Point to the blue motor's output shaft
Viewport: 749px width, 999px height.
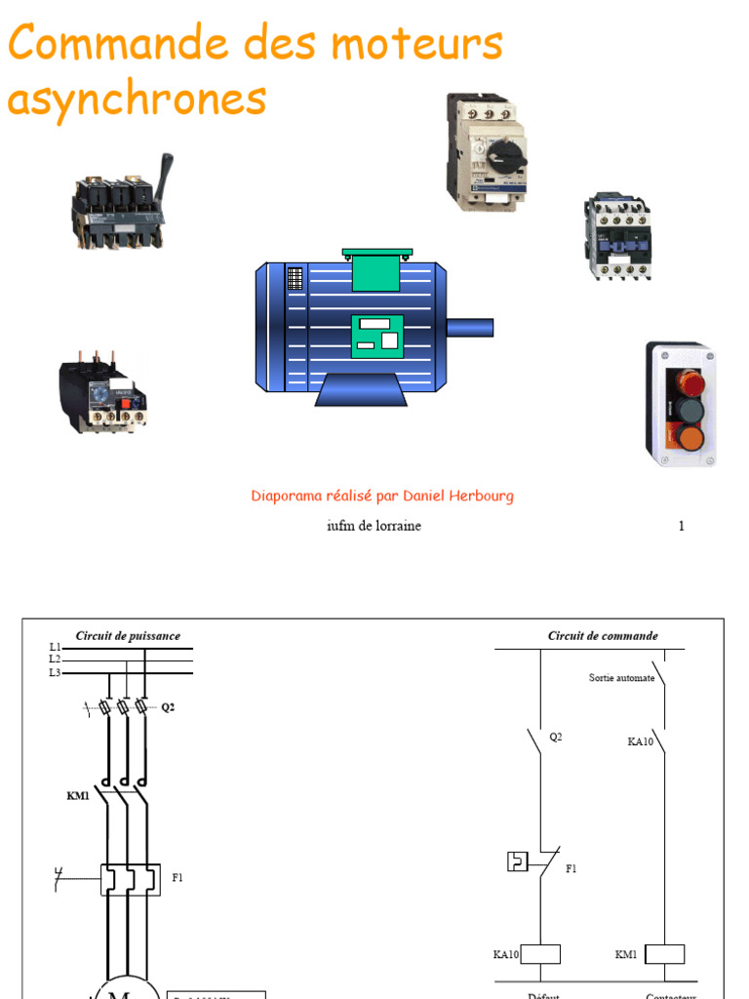pyautogui.click(x=469, y=327)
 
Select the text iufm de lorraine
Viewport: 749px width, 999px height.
pyautogui.click(x=374, y=526)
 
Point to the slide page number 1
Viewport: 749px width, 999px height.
pyautogui.click(x=682, y=526)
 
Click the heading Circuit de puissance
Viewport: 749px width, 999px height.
pyautogui.click(x=128, y=636)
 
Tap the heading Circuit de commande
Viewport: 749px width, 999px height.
pyautogui.click(x=603, y=636)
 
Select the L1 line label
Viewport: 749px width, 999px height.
pyautogui.click(x=55, y=647)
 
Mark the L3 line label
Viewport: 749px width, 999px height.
pyautogui.click(x=55, y=673)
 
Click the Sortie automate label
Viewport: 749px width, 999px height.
pyautogui.click(x=621, y=678)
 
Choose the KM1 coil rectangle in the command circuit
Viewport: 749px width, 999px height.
pyautogui.click(x=665, y=954)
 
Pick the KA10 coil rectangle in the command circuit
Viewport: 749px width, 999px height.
pyautogui.click(x=540, y=954)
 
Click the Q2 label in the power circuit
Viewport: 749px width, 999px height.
pyautogui.click(x=169, y=707)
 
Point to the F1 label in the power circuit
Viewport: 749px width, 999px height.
pyautogui.click(x=177, y=878)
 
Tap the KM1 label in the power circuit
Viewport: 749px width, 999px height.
pyautogui.click(x=78, y=796)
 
